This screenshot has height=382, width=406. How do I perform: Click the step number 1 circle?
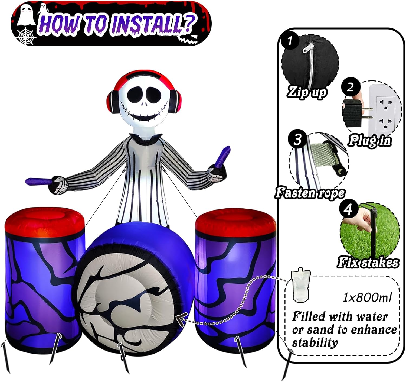coord(290,41)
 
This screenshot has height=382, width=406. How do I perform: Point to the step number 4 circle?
coord(349,209)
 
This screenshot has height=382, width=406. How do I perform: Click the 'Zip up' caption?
coord(307,92)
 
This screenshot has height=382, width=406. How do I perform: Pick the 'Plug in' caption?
coord(369,141)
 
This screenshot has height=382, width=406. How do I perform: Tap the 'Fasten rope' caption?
coord(310,192)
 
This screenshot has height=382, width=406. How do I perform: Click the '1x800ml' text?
coord(367,297)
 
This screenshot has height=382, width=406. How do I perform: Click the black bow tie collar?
coord(145,138)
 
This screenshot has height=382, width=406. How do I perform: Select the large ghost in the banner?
coord(25,15)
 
